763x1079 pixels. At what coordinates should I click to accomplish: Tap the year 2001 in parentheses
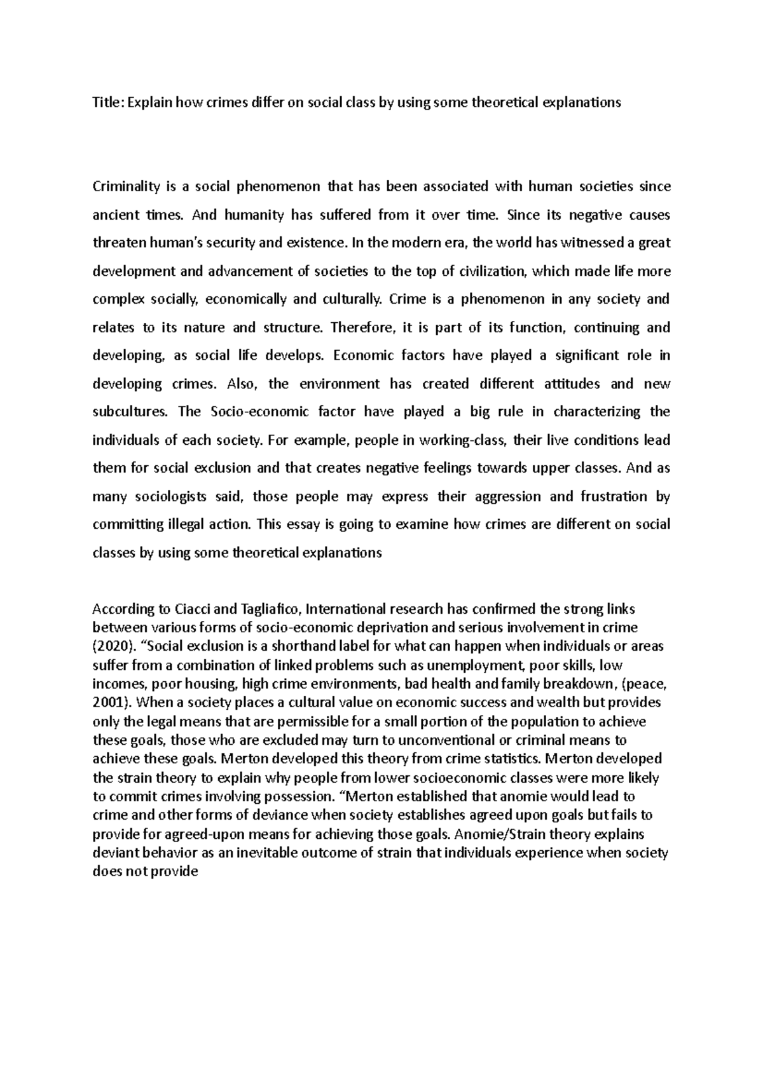click(111, 703)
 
